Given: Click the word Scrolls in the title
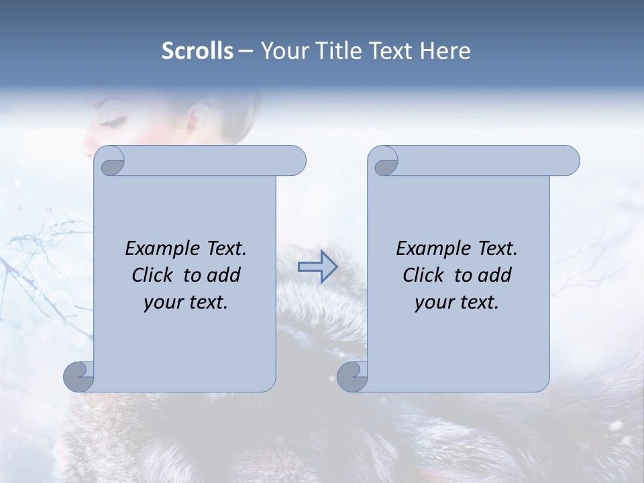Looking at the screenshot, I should (197, 51).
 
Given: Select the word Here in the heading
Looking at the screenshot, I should (445, 51).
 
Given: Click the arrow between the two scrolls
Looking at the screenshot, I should (317, 267).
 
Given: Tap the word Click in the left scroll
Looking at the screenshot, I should (154, 275).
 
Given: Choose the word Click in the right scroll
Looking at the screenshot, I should (425, 275).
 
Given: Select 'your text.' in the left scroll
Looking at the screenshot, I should (186, 303).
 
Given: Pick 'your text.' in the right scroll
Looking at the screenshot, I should (457, 303).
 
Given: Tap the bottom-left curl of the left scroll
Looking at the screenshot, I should (78, 376).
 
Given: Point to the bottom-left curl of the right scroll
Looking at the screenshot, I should (352, 376).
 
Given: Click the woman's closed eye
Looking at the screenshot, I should (113, 121).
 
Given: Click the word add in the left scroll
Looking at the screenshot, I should (223, 275).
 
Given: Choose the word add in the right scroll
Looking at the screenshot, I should (494, 275).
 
